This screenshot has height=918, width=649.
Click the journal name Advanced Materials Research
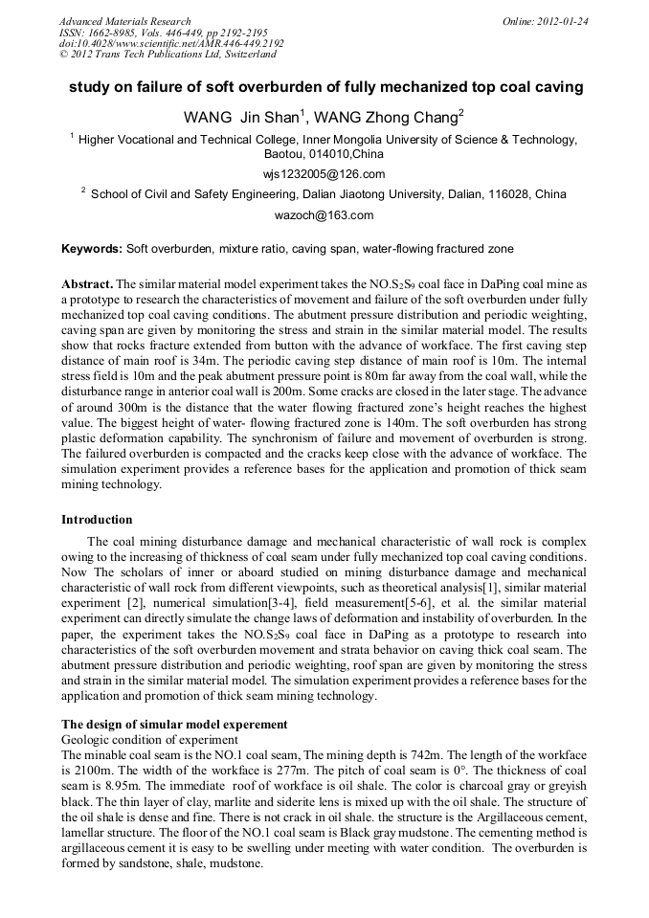point(124,20)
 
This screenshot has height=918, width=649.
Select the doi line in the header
point(170,43)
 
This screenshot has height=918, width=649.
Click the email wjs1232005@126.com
point(324,173)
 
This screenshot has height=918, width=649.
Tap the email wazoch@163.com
point(324,215)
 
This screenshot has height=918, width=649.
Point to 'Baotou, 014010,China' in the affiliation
point(324,153)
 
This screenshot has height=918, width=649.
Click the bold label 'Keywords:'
point(92,249)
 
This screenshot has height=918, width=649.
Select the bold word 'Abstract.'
point(87,285)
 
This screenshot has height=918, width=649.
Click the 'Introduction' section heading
point(97,520)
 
